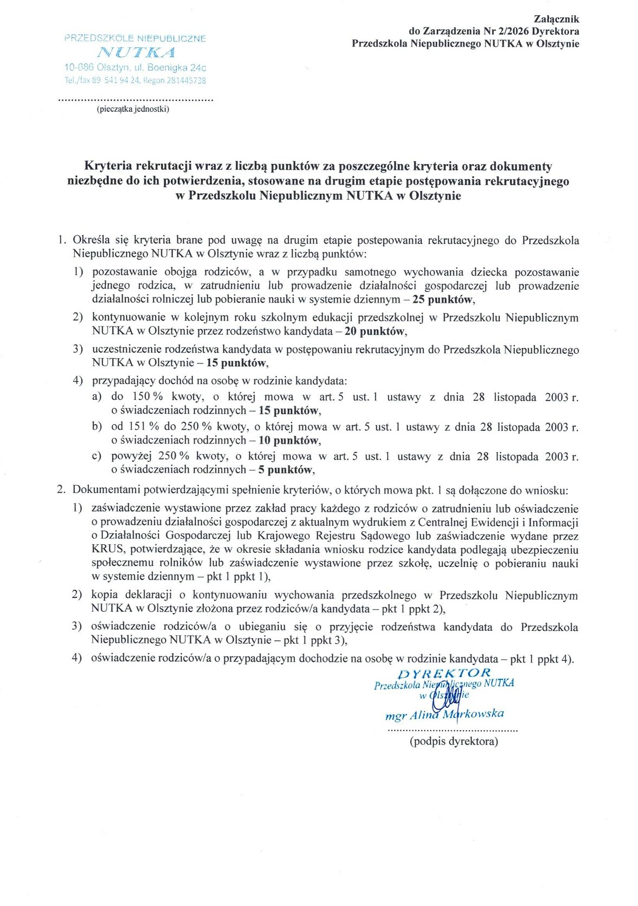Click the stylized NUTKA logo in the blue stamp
click(x=136, y=53)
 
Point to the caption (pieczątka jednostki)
click(x=133, y=109)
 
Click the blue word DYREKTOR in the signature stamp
click(x=444, y=673)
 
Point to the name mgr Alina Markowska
click(x=444, y=714)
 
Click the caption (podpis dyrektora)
click(x=454, y=741)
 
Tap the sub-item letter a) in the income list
click(x=96, y=397)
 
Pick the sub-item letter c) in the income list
click(x=96, y=456)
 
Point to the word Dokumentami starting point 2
click(x=107, y=490)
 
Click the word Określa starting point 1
click(x=92, y=240)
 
